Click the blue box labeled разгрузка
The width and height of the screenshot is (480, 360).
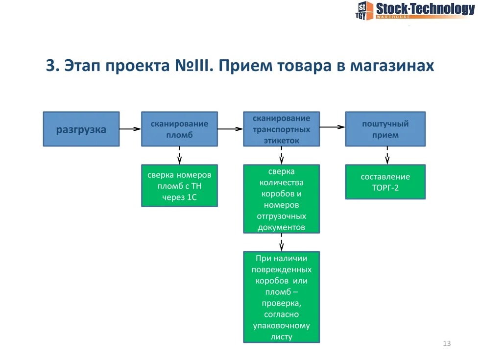[81, 129]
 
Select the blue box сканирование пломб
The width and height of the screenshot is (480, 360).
[179, 129]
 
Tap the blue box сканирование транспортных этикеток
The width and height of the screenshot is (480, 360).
[281, 129]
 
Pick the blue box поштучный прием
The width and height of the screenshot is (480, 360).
[385, 129]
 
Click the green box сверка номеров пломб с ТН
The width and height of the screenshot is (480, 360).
[179, 186]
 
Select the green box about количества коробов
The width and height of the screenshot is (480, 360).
[281, 199]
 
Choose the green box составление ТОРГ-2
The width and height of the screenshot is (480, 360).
[385, 182]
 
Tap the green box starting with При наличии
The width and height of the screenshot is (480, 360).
[281, 297]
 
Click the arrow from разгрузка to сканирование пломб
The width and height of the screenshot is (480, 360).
[130, 129]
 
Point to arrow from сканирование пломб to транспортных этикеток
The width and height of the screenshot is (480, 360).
[230, 129]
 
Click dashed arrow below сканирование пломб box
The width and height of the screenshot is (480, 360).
[179, 156]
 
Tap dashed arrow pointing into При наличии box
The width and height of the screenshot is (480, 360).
[281, 242]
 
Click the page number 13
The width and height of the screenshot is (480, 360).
[446, 343]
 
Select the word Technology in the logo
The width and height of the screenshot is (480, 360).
[443, 8]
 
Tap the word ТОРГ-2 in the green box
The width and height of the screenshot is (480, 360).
[385, 187]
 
